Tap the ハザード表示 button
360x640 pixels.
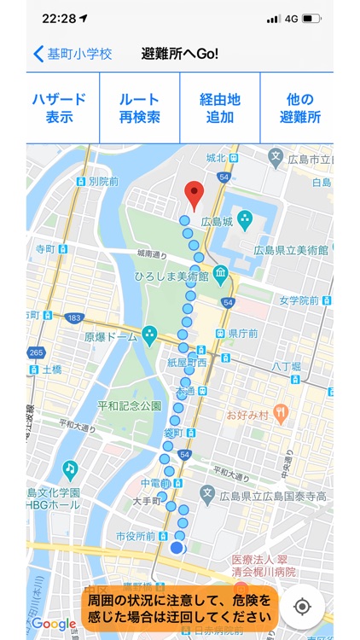[x=62, y=108]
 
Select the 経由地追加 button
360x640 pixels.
[x=220, y=108]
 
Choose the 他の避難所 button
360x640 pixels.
[x=299, y=108]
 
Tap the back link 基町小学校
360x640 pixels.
[x=73, y=54]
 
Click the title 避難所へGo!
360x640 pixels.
[x=180, y=54]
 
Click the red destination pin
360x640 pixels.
[x=195, y=195]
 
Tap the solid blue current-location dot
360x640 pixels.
[x=177, y=548]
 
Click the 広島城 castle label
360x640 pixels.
[x=217, y=223]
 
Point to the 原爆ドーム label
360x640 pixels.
[x=111, y=337]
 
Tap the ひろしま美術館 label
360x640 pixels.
[x=173, y=276]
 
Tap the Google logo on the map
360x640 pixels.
[x=54, y=624]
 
